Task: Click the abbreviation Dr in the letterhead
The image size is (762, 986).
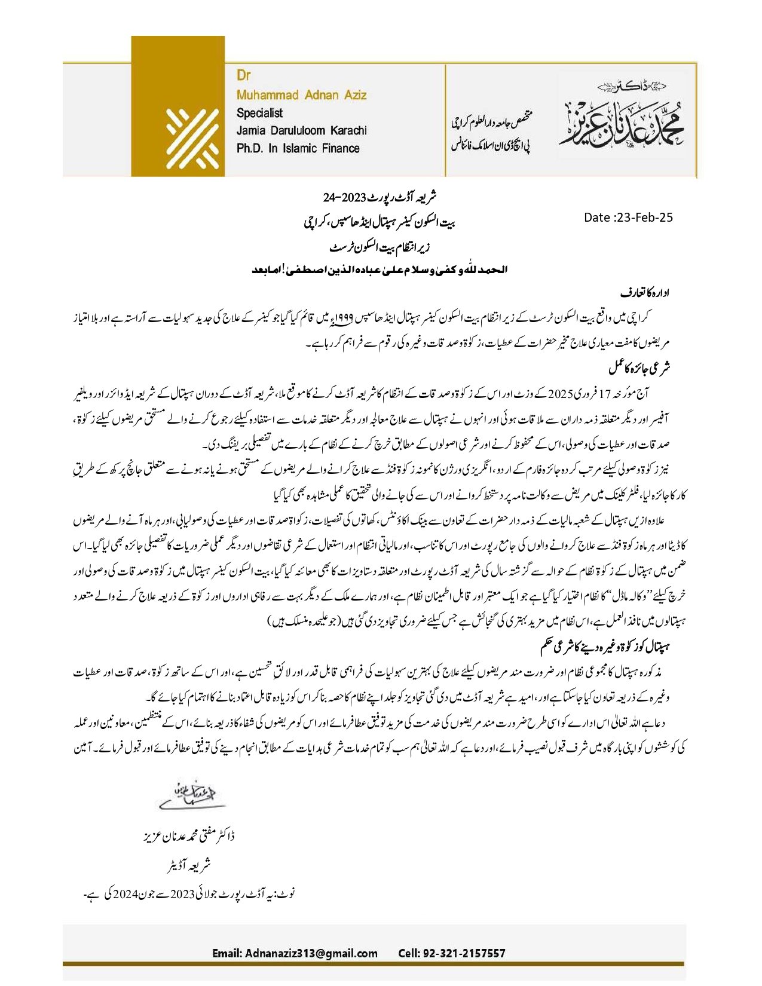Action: tap(243, 75)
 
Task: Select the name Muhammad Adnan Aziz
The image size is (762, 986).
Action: tap(301, 94)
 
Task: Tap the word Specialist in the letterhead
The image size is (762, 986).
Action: tap(259, 112)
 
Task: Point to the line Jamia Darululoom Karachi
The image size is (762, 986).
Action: tap(301, 130)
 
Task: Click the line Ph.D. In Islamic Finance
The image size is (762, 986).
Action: tap(298, 148)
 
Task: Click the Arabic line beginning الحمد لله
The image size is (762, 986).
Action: tap(380, 270)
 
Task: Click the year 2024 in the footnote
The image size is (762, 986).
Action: tap(126, 895)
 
